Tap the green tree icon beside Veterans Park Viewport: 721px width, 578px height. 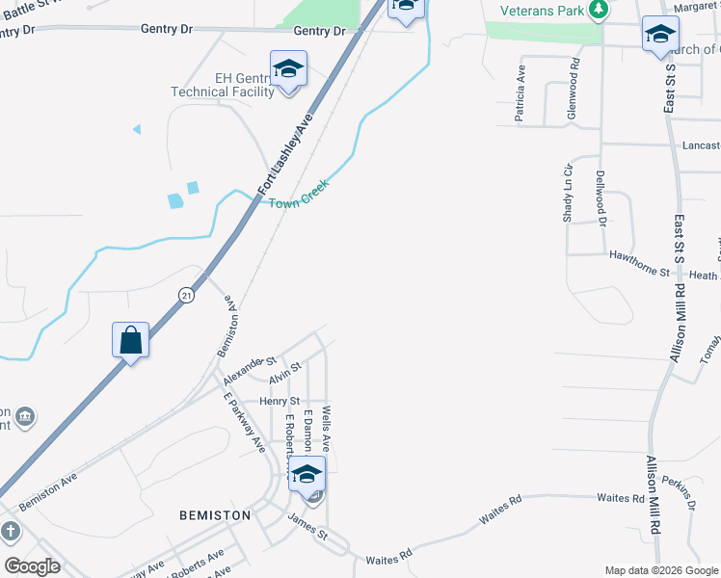pos(600,10)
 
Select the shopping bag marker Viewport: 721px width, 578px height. pos(131,340)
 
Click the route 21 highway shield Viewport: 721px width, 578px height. pos(186,294)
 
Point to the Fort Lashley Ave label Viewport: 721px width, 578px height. pos(286,153)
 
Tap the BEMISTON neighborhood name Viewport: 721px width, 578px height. pos(215,515)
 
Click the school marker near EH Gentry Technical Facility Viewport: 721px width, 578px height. pos(288,69)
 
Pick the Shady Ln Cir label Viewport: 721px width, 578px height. pos(568,192)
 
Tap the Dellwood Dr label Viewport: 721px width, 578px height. pos(600,197)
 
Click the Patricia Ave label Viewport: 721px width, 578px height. pos(520,92)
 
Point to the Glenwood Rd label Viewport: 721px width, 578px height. pos(574,88)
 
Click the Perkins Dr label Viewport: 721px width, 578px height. pos(684,491)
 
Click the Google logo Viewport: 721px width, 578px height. pos(32,566)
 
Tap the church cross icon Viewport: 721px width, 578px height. pos(10,531)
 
